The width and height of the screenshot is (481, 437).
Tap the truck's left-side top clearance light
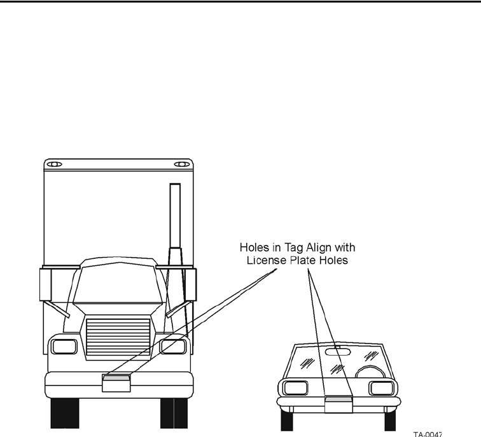55,164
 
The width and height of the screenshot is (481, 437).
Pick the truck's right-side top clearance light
181,164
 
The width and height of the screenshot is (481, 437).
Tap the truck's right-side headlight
172,347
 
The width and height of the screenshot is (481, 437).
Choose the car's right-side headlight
382,388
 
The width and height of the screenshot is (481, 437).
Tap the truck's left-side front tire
64,413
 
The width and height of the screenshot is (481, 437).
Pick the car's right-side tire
389,420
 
